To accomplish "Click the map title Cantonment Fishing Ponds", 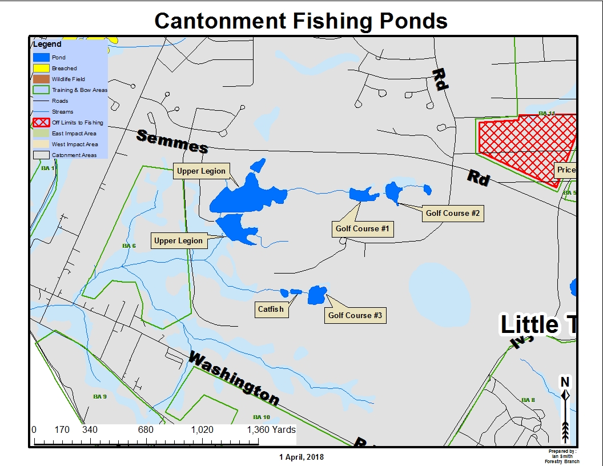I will [x=301, y=21].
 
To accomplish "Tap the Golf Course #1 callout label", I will [x=362, y=229].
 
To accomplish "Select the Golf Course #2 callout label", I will [x=452, y=214].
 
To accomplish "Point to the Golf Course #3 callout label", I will [x=355, y=315].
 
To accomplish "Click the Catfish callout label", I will [x=271, y=310].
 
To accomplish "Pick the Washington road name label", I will [x=234, y=379].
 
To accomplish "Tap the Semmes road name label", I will [x=172, y=141].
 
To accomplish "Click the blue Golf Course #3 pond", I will [x=316, y=295].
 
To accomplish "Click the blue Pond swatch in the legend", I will [x=41, y=57].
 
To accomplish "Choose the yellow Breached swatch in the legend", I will [x=41, y=68].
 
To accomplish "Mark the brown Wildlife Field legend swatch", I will [x=41, y=79].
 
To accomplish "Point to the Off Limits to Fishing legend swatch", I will [x=41, y=122].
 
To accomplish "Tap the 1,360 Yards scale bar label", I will [x=271, y=429].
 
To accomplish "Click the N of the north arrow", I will [x=565, y=381].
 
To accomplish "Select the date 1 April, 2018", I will [x=301, y=457].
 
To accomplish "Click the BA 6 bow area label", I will [x=129, y=246].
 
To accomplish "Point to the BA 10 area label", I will [x=262, y=417].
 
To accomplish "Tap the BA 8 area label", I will [x=528, y=400].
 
